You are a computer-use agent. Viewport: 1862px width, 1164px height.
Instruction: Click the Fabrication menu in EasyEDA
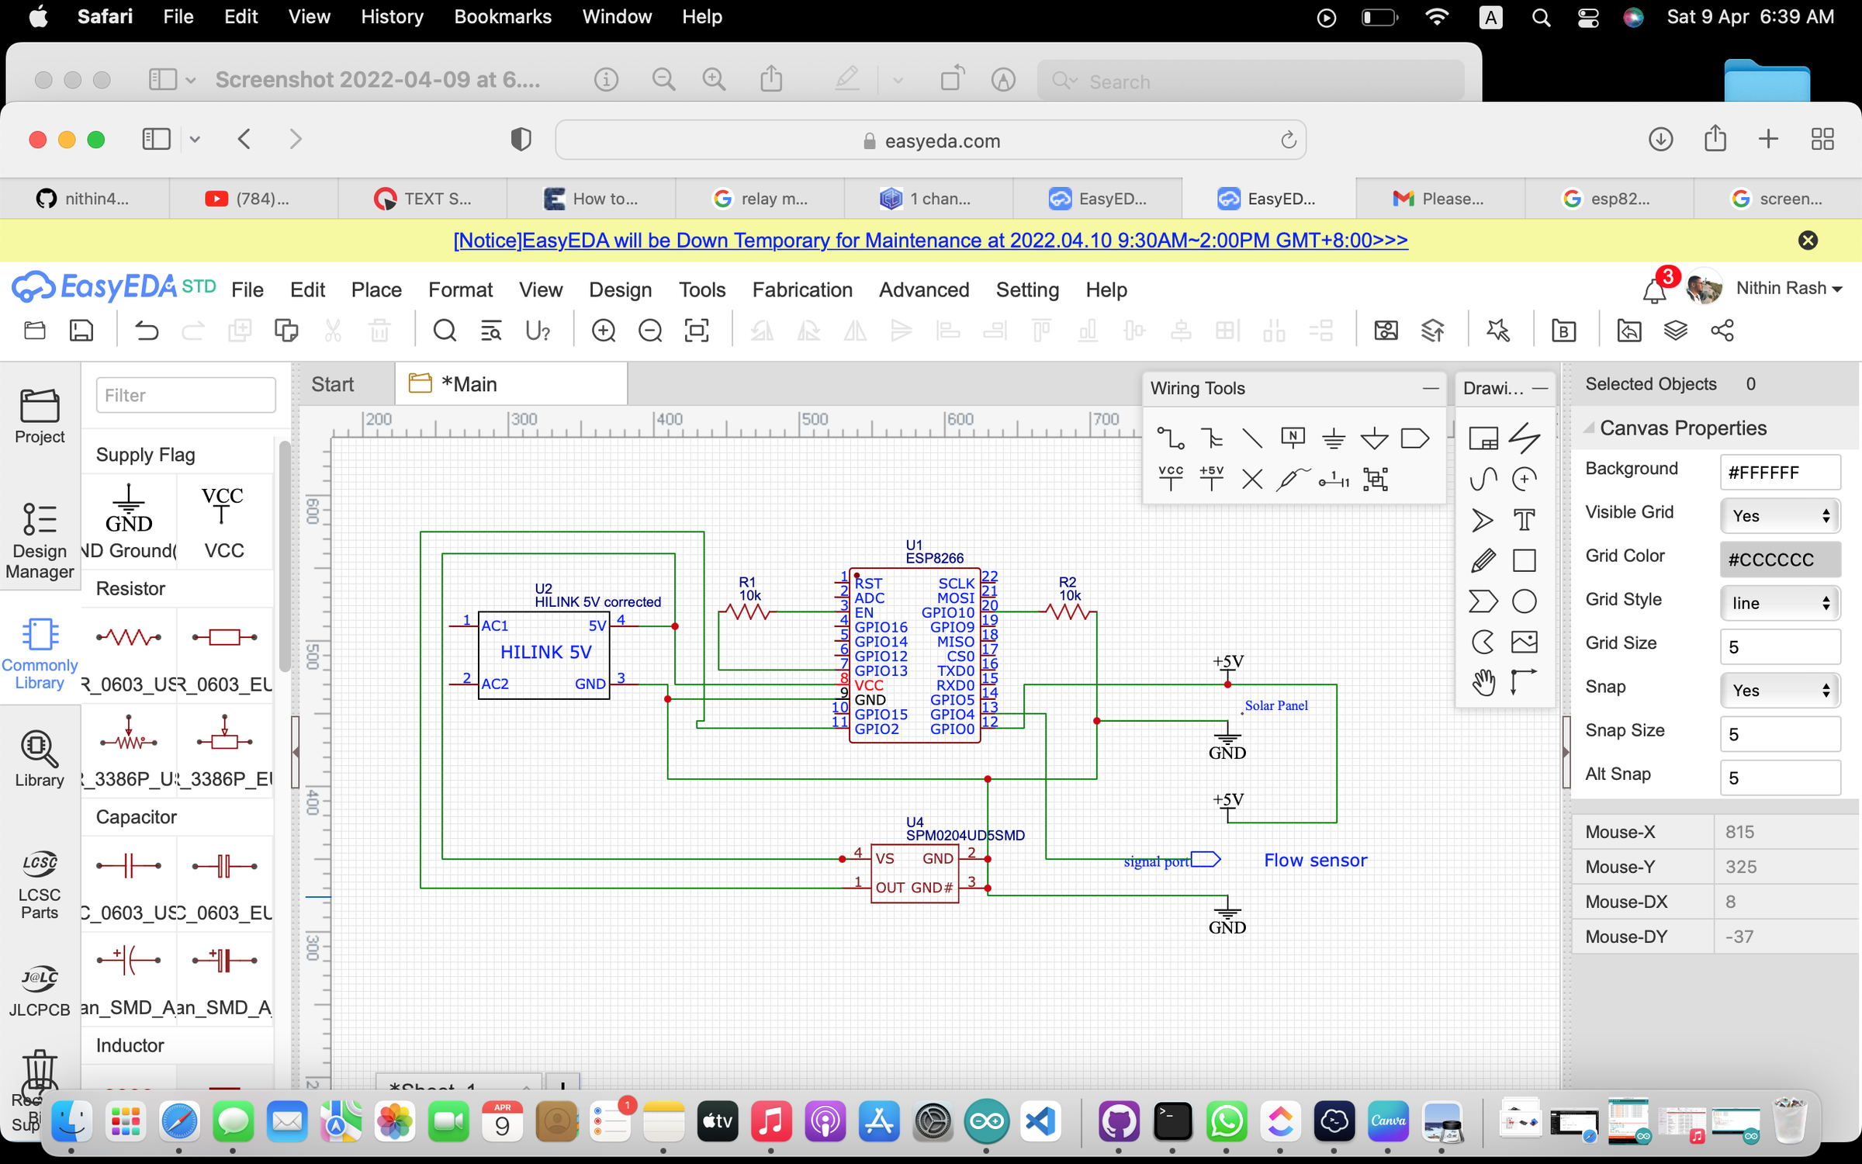point(802,289)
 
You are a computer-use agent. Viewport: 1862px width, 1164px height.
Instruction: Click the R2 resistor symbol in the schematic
point(1069,612)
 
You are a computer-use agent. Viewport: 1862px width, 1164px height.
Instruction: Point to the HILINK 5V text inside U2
point(545,652)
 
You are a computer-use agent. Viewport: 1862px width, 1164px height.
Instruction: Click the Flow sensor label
point(1315,860)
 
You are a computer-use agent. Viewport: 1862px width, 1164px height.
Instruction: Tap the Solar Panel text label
point(1275,705)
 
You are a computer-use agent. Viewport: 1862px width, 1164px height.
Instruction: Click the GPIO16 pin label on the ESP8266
point(881,627)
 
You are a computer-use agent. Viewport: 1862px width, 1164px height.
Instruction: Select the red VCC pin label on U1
point(869,685)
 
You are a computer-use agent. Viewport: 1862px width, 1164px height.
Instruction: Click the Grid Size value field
point(1780,646)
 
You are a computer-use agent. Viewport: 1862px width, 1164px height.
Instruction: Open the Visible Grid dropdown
point(1780,516)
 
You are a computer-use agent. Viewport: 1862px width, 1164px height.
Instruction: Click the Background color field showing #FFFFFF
point(1780,473)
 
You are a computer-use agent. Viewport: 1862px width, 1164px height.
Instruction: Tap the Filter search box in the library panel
point(185,395)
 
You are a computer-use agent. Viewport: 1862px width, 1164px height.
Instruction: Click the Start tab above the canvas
point(332,384)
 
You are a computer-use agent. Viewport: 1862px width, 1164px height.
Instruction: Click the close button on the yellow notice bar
point(1808,241)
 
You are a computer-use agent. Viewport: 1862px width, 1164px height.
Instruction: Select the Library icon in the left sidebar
point(39,758)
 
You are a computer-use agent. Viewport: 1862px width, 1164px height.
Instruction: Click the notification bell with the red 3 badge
point(1654,289)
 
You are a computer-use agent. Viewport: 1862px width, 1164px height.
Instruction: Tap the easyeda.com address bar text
point(942,140)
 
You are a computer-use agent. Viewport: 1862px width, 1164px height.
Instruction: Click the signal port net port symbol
point(1206,859)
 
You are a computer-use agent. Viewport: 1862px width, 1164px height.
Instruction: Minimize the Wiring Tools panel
point(1431,388)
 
